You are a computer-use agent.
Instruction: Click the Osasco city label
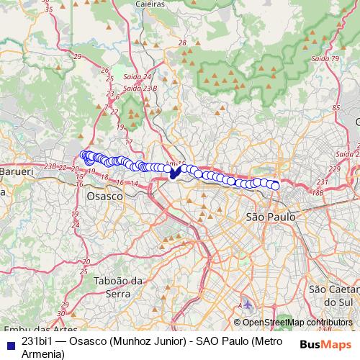102,196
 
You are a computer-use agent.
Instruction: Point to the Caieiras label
150,4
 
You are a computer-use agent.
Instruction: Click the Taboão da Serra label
114,287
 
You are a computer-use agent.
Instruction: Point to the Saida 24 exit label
138,76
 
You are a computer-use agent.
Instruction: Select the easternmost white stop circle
275,186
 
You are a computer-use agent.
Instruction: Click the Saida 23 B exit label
140,88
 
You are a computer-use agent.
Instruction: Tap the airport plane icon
248,305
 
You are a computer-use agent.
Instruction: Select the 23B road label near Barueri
50,167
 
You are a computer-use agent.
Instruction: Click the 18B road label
318,192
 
